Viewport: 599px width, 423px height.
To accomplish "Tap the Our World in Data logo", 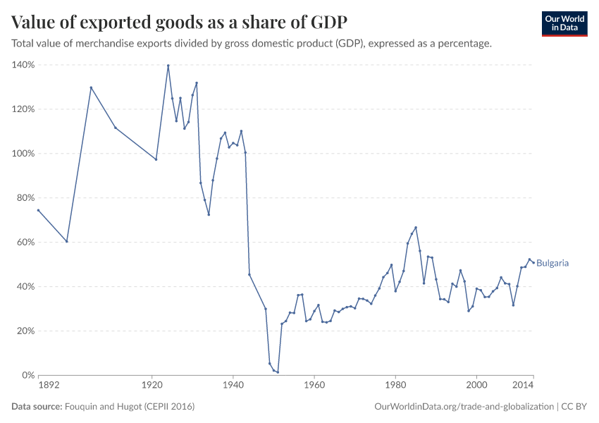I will coord(564,23).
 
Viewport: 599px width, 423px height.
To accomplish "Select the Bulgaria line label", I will coord(552,263).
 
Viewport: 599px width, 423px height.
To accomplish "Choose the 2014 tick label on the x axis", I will coord(522,386).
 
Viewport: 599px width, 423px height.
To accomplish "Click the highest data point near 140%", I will coord(168,66).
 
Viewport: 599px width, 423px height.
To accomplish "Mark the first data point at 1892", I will coord(38,210).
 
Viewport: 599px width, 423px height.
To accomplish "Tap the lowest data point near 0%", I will coord(278,372).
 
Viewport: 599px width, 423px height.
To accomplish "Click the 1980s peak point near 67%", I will coord(416,227).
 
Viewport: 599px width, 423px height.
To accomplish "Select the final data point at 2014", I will coord(533,262).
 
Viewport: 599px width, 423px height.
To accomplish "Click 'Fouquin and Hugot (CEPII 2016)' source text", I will coord(130,407).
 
